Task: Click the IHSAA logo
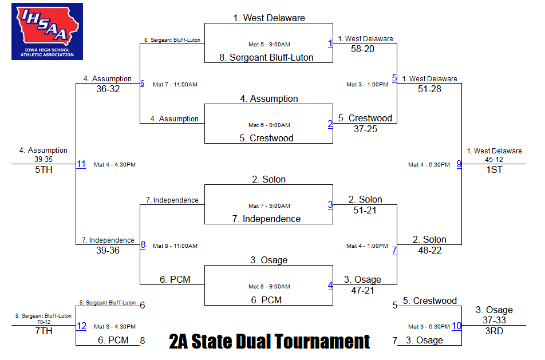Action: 48,31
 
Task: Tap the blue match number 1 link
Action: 330,43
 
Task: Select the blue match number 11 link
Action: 81,164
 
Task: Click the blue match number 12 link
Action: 82,326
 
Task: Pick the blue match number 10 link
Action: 456,326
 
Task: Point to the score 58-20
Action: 362,49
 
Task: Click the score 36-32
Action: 108,89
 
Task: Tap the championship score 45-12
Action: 494,160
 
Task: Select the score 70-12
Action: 44,322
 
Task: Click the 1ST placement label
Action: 494,169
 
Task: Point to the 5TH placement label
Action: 44,169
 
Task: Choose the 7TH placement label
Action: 44,331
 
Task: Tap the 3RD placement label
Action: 494,331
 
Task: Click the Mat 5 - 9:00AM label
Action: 270,45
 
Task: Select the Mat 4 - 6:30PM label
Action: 429,165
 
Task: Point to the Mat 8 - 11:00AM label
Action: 175,246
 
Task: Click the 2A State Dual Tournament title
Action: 270,341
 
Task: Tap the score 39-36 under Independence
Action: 108,250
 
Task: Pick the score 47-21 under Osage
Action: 362,291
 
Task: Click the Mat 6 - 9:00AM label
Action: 270,125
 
